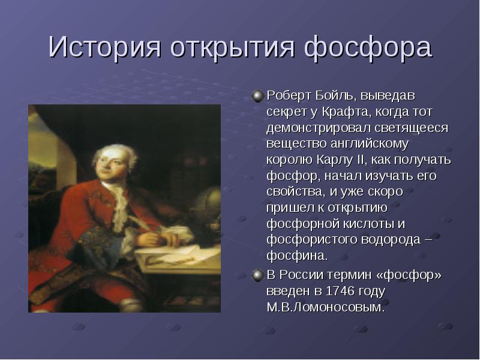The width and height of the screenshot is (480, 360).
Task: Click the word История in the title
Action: pyautogui.click(x=104, y=47)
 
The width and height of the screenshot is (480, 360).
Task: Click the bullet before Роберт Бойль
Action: pyautogui.click(x=258, y=96)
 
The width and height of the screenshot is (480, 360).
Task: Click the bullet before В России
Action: pyautogui.click(x=258, y=275)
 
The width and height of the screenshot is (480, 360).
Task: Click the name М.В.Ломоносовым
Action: pyautogui.click(x=325, y=307)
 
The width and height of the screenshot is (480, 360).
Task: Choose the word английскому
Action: pyautogui.click(x=370, y=144)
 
